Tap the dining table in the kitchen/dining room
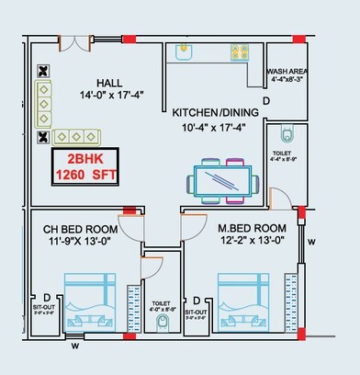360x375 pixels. click(x=221, y=180)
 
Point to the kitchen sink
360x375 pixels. click(x=181, y=51)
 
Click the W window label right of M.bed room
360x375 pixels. click(x=312, y=243)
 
